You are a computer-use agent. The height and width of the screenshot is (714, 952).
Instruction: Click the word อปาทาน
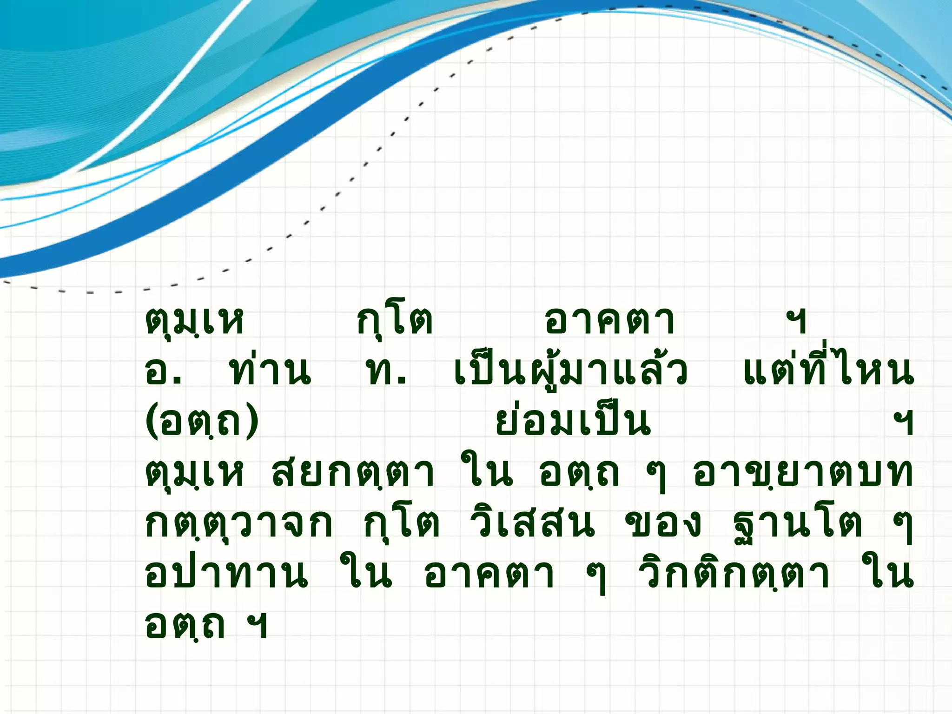[226, 575]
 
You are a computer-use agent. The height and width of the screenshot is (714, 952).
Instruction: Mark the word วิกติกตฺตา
[734, 575]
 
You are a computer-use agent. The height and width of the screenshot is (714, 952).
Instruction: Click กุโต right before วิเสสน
[402, 524]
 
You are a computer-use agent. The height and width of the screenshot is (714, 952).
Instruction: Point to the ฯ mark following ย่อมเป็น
[903, 423]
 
